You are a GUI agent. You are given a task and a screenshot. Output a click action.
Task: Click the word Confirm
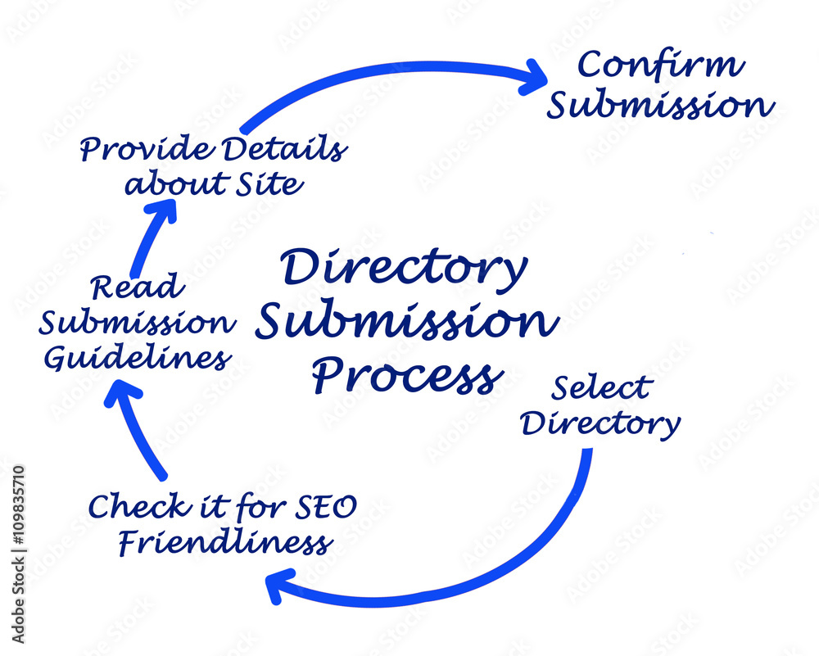click(660, 65)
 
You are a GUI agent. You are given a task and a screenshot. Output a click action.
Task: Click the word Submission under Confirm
click(660, 105)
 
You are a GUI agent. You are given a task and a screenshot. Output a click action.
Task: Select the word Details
click(285, 148)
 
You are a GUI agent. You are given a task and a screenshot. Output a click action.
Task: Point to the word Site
click(269, 183)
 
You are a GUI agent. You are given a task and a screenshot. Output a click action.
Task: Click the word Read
click(138, 287)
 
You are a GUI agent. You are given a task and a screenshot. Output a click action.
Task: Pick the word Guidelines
click(138, 358)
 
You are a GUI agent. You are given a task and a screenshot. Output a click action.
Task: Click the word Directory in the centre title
click(404, 269)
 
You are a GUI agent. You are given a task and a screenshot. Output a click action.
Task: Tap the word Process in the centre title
click(408, 375)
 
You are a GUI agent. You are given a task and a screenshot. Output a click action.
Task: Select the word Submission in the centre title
click(407, 319)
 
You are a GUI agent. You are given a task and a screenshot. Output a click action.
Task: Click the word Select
click(602, 387)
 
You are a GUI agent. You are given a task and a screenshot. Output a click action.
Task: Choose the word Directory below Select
click(600, 424)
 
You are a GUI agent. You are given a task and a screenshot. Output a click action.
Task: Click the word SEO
click(326, 507)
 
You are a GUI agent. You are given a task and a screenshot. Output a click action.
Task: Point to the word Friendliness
click(226, 542)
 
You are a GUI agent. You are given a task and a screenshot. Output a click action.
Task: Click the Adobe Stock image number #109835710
click(18, 505)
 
